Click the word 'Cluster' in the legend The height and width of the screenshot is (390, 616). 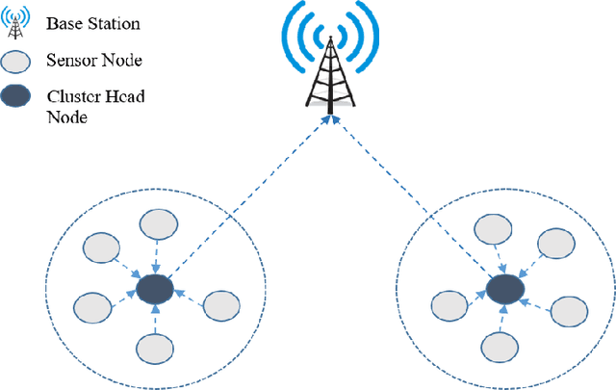(73, 95)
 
